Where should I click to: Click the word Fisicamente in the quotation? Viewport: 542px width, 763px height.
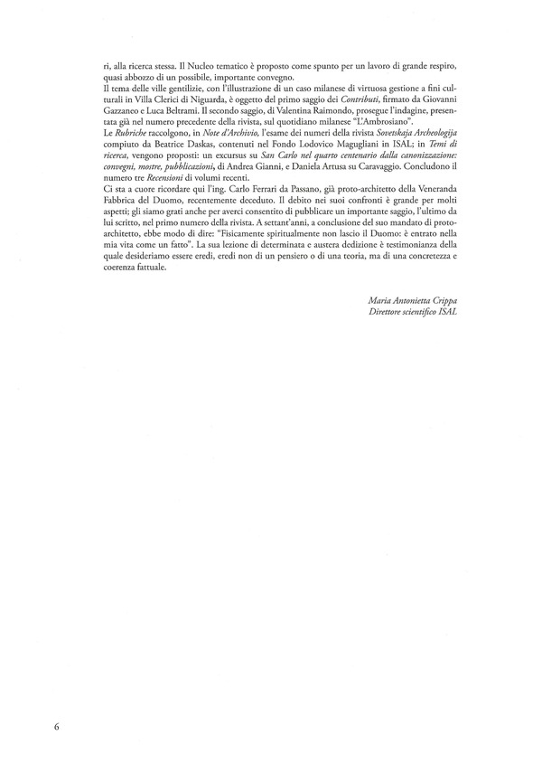coord(237,243)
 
